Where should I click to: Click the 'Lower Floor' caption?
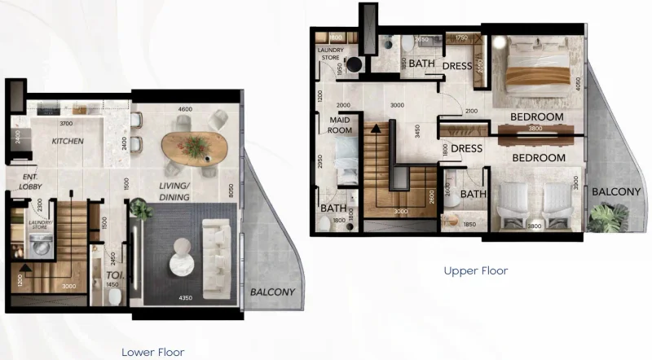pos(152,352)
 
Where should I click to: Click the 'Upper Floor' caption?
pos(476,270)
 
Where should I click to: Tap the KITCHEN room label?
pos(68,142)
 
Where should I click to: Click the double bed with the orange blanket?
pos(533,73)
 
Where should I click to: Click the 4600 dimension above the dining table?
pos(185,108)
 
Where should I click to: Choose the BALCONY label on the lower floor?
pos(271,292)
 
